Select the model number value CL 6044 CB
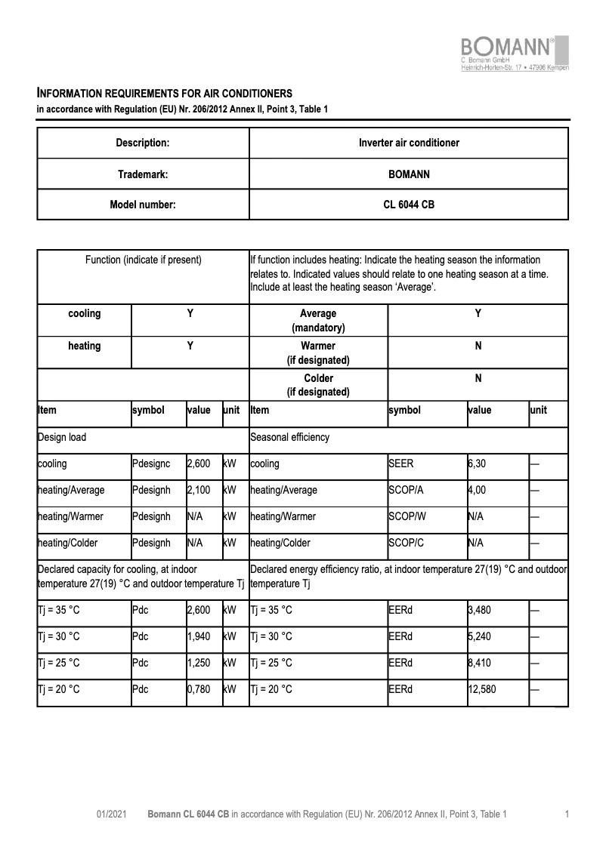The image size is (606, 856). click(409, 204)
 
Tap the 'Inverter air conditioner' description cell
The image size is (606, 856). click(409, 143)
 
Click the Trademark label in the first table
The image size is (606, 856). click(143, 174)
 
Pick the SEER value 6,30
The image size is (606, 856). click(477, 464)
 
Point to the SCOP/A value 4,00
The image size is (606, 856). click(477, 491)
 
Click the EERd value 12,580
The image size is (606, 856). click(483, 689)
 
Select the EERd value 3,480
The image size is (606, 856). click(481, 610)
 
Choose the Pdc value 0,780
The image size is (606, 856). click(199, 689)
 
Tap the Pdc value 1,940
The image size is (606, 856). click(199, 636)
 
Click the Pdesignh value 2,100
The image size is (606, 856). click(199, 491)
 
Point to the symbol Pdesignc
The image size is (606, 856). click(151, 464)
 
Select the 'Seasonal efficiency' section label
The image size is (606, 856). click(289, 437)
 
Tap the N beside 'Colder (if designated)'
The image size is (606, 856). click(478, 378)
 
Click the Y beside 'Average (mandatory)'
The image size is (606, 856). click(478, 313)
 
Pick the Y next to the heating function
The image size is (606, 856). click(190, 346)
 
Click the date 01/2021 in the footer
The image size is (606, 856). click(110, 814)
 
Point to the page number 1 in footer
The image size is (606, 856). click(567, 814)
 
